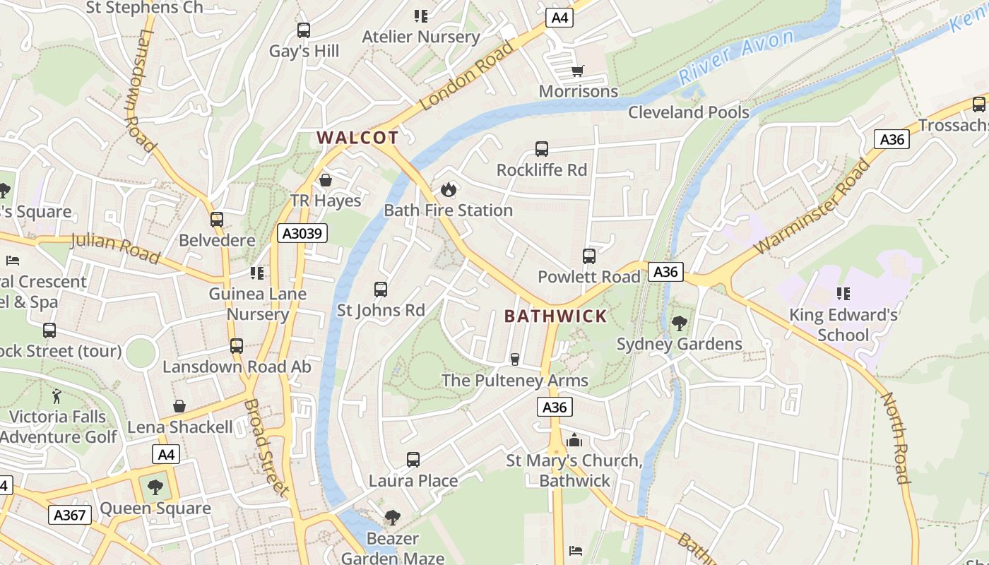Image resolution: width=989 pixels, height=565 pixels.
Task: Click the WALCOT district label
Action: (x=357, y=138)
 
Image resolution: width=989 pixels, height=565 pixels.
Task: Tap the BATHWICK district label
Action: (x=555, y=316)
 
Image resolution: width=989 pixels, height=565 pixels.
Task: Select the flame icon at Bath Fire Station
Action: (x=448, y=189)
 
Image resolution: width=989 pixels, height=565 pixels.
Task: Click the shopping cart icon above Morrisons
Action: (x=578, y=70)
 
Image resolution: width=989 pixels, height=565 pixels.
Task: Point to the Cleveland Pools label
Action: (x=688, y=112)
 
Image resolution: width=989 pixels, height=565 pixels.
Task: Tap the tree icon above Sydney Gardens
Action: (x=680, y=323)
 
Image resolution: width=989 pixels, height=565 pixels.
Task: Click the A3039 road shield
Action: (x=302, y=233)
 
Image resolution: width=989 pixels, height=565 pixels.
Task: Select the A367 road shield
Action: (x=71, y=515)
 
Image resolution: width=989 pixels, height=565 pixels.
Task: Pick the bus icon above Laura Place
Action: (x=413, y=460)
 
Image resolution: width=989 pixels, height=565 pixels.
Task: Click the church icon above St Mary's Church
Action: (x=574, y=441)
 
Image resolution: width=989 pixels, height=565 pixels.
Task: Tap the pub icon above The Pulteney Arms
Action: (x=515, y=359)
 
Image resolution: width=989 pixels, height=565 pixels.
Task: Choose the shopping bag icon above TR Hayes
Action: (x=326, y=180)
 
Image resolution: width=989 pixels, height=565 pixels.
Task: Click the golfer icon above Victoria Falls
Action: (x=57, y=396)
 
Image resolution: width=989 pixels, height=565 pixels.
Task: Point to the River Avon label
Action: (x=737, y=56)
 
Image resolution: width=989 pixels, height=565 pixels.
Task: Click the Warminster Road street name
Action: (x=813, y=207)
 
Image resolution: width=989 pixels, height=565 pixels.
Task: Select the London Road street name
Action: (x=467, y=76)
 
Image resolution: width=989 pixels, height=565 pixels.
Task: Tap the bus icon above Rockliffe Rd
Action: (x=542, y=149)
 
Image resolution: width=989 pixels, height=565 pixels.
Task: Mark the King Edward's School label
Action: (x=843, y=324)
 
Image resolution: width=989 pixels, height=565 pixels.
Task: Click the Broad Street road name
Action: (x=266, y=448)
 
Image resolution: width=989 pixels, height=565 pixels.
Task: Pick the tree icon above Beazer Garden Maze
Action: (x=392, y=518)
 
